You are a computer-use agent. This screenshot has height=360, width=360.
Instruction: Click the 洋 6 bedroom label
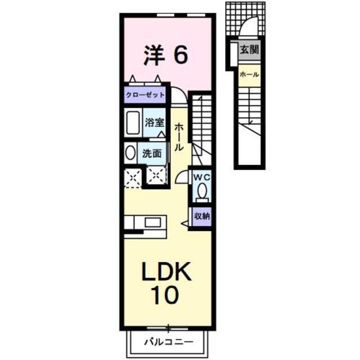coord(166,55)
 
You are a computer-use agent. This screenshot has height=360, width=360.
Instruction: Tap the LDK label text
coord(166,271)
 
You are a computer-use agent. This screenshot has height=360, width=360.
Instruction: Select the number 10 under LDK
coord(166,295)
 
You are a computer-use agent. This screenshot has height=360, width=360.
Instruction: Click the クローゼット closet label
coord(145,95)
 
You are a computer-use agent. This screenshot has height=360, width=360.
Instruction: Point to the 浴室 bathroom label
coord(155,122)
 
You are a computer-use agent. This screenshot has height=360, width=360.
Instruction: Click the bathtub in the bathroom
coord(133,123)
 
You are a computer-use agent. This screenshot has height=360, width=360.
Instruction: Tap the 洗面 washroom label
coord(152,154)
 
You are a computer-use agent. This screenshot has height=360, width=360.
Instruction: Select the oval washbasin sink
coord(130,153)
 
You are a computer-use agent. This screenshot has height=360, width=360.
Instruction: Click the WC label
coord(202,177)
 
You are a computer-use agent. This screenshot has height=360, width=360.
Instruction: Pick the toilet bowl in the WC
coord(202,191)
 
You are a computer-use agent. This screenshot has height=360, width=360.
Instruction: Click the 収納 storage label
coord(202,216)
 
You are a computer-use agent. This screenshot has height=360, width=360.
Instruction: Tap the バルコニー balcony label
coord(169,343)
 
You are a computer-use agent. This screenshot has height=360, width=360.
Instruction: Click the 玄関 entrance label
coord(249,49)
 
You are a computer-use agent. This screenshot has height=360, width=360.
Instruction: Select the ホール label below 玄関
coord(249,75)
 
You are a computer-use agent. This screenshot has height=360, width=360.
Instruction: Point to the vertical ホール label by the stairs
coord(179,137)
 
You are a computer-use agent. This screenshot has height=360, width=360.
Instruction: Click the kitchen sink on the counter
coord(152,222)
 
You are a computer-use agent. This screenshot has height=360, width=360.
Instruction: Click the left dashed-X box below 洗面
coord(133,178)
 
